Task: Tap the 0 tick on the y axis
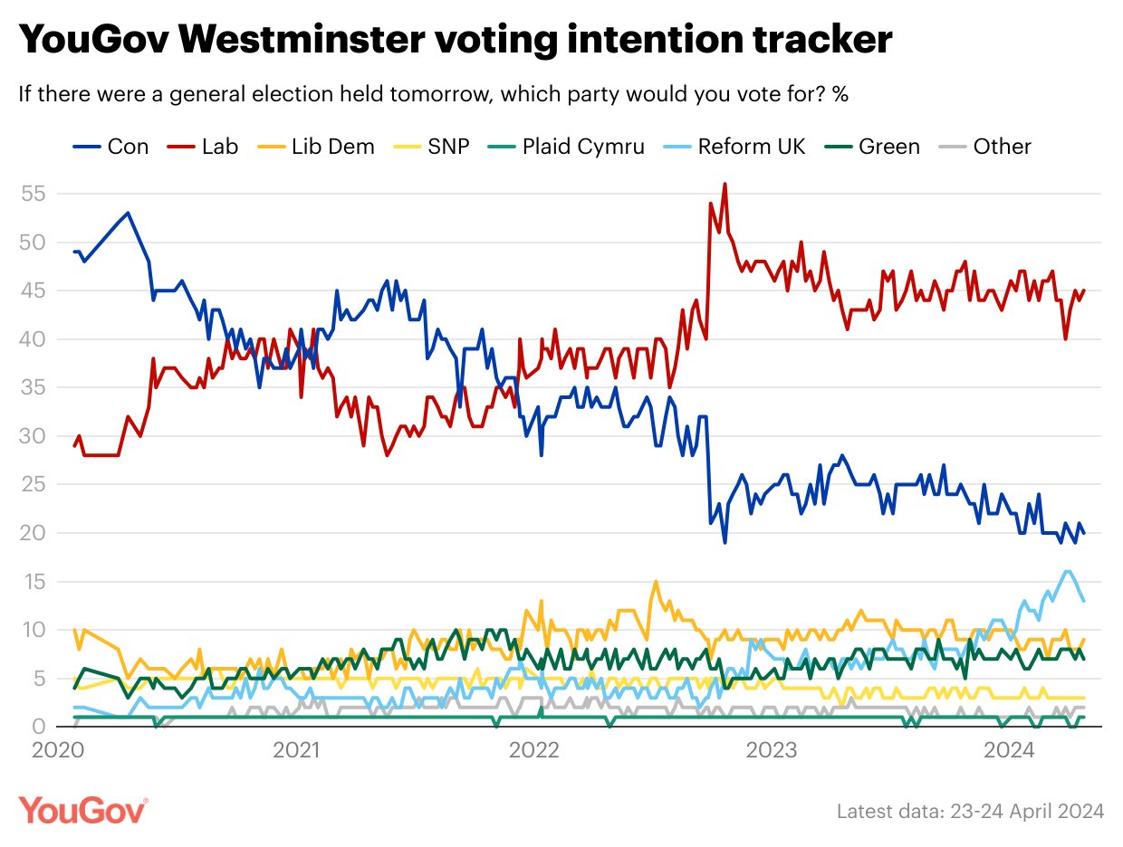tap(40, 727)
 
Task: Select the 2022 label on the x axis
tap(534, 750)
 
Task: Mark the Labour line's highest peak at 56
tap(725, 184)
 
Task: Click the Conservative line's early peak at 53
tap(128, 213)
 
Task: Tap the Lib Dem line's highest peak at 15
tap(654, 581)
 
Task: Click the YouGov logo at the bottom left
tap(83, 809)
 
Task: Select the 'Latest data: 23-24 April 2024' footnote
tap(970, 811)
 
